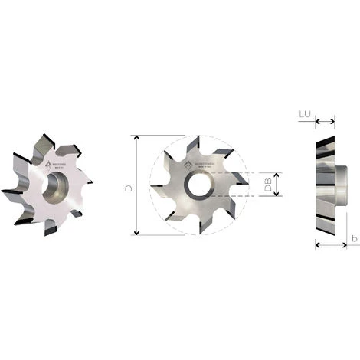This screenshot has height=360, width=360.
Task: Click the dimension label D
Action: (128, 186)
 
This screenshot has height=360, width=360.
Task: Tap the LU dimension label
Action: (305, 115)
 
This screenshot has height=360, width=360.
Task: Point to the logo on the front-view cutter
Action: (204, 164)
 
